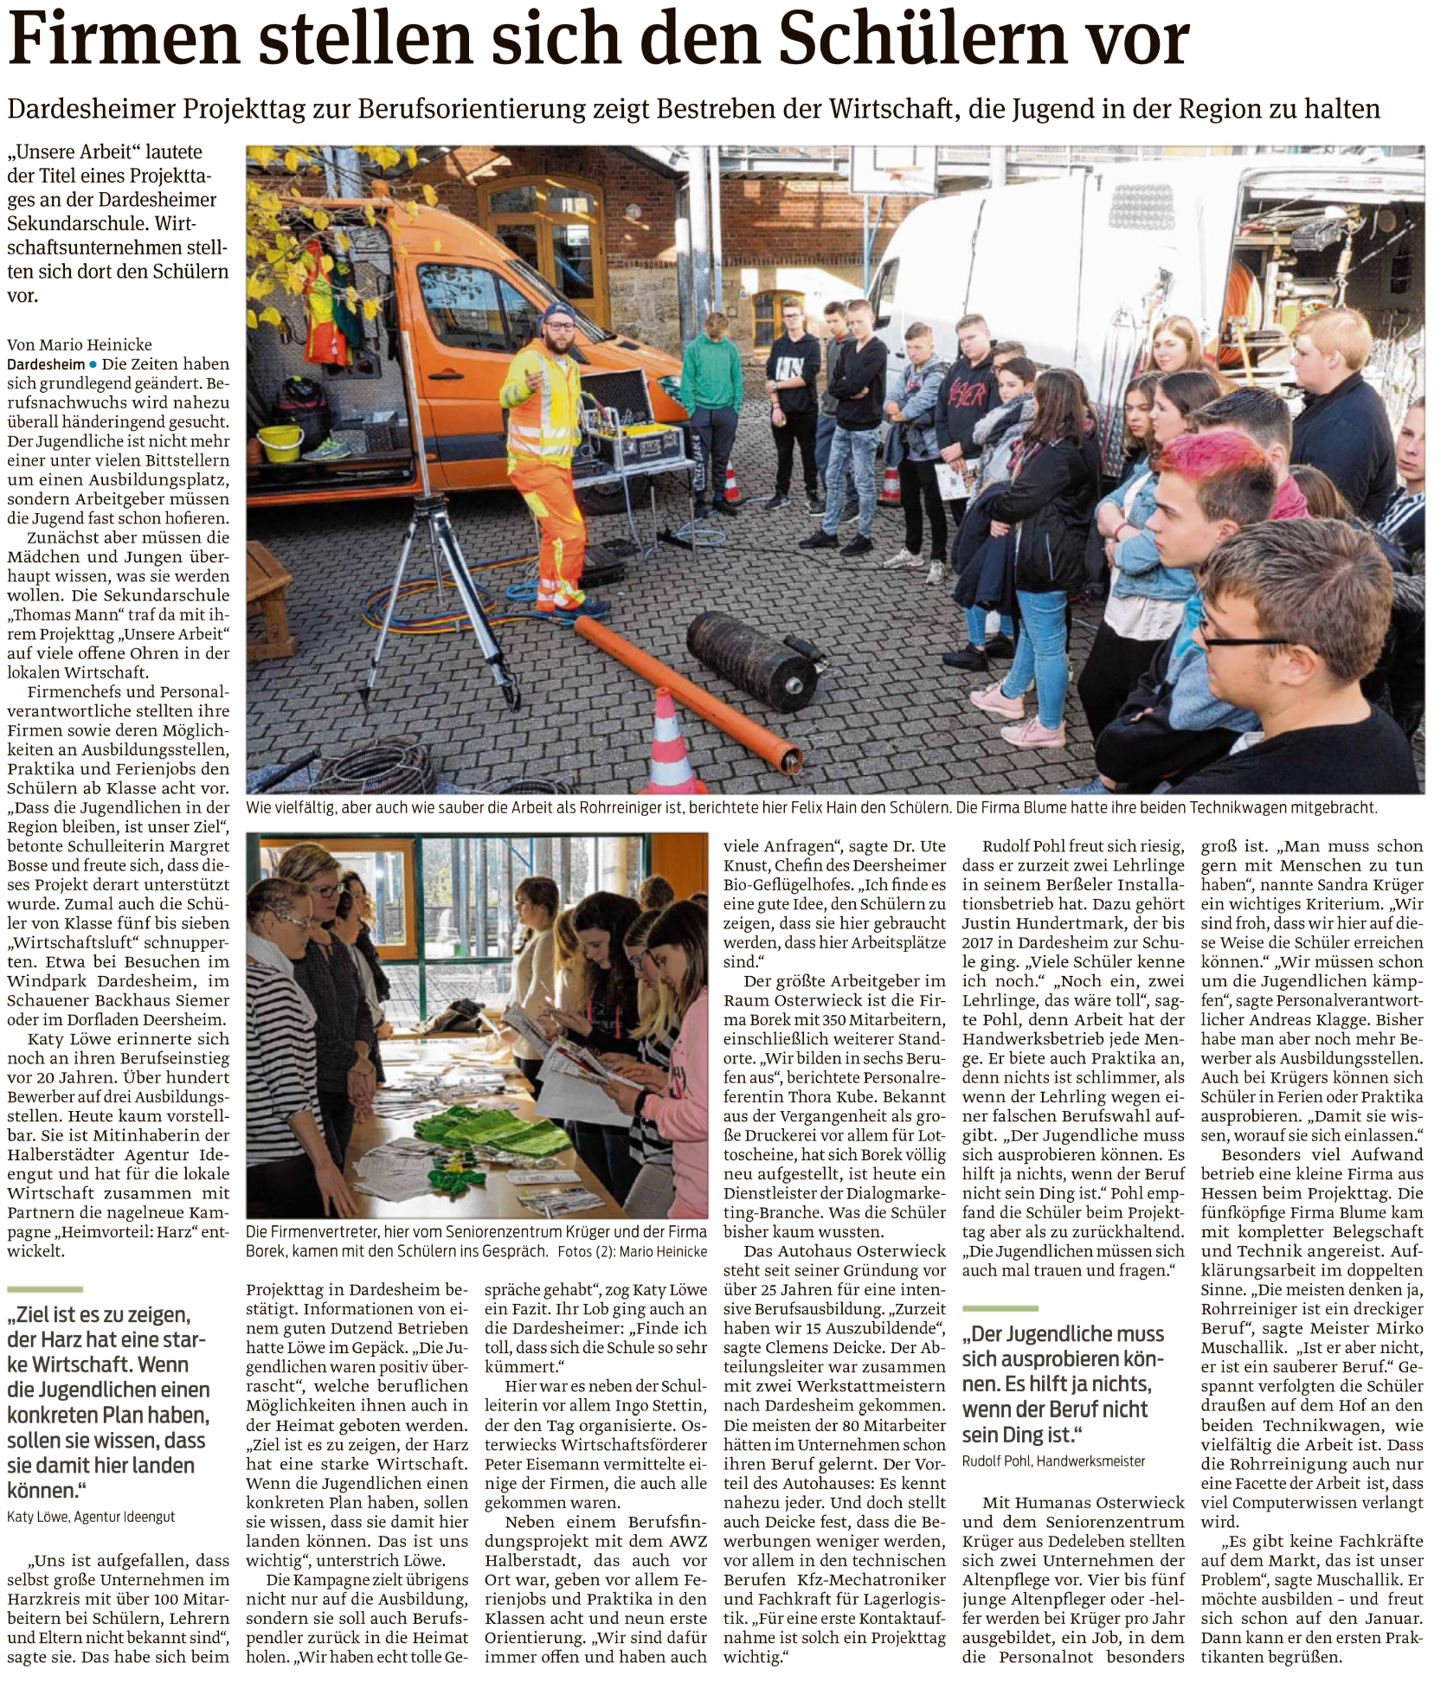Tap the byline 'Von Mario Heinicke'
click(x=80, y=344)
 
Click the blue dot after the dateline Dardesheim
click(x=93, y=364)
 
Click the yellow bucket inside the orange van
click(x=279, y=442)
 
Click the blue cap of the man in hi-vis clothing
click(x=558, y=311)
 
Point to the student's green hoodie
click(x=711, y=372)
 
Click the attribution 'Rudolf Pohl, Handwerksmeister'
click(x=1053, y=1461)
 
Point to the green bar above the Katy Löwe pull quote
click(x=45, y=1290)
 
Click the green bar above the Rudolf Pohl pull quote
click(x=1000, y=1308)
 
